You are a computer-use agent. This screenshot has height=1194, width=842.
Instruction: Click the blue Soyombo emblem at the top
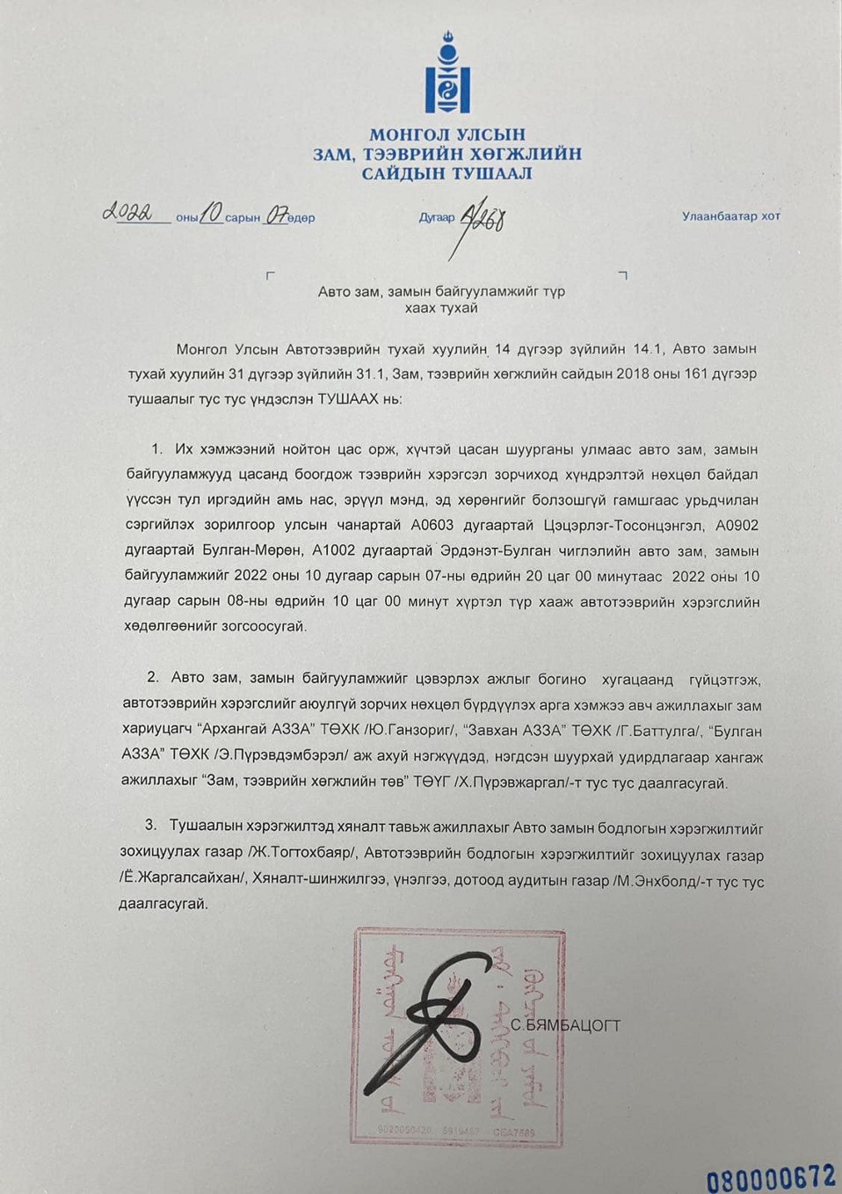click(x=447, y=75)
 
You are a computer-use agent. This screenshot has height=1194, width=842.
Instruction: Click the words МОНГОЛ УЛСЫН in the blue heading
click(x=446, y=135)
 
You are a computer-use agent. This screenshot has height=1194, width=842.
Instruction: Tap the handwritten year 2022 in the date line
click(x=128, y=213)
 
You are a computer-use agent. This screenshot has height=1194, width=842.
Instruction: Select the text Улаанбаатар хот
click(x=730, y=216)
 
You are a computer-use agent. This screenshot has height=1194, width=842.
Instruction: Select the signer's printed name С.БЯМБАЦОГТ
click(x=565, y=1025)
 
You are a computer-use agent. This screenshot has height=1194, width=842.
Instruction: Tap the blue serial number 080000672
click(x=770, y=1176)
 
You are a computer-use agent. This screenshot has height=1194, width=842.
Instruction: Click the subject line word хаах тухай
click(x=441, y=309)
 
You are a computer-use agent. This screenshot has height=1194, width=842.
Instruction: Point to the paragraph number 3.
click(x=150, y=826)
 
